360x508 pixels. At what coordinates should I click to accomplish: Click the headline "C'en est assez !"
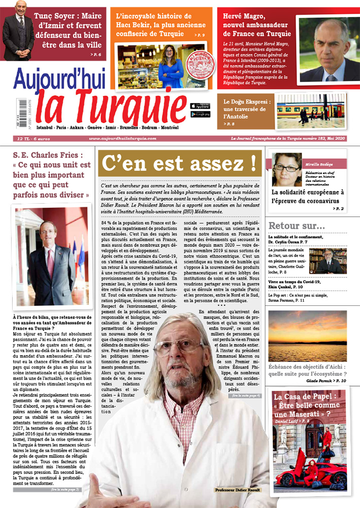pos(179,163)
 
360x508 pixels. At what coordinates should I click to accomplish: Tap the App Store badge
pos(200,106)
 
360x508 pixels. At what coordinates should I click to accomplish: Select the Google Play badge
pos(200,114)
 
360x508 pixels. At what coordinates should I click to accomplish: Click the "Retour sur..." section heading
pos(297,226)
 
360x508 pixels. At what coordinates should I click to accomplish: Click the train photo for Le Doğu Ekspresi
pos(310,111)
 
